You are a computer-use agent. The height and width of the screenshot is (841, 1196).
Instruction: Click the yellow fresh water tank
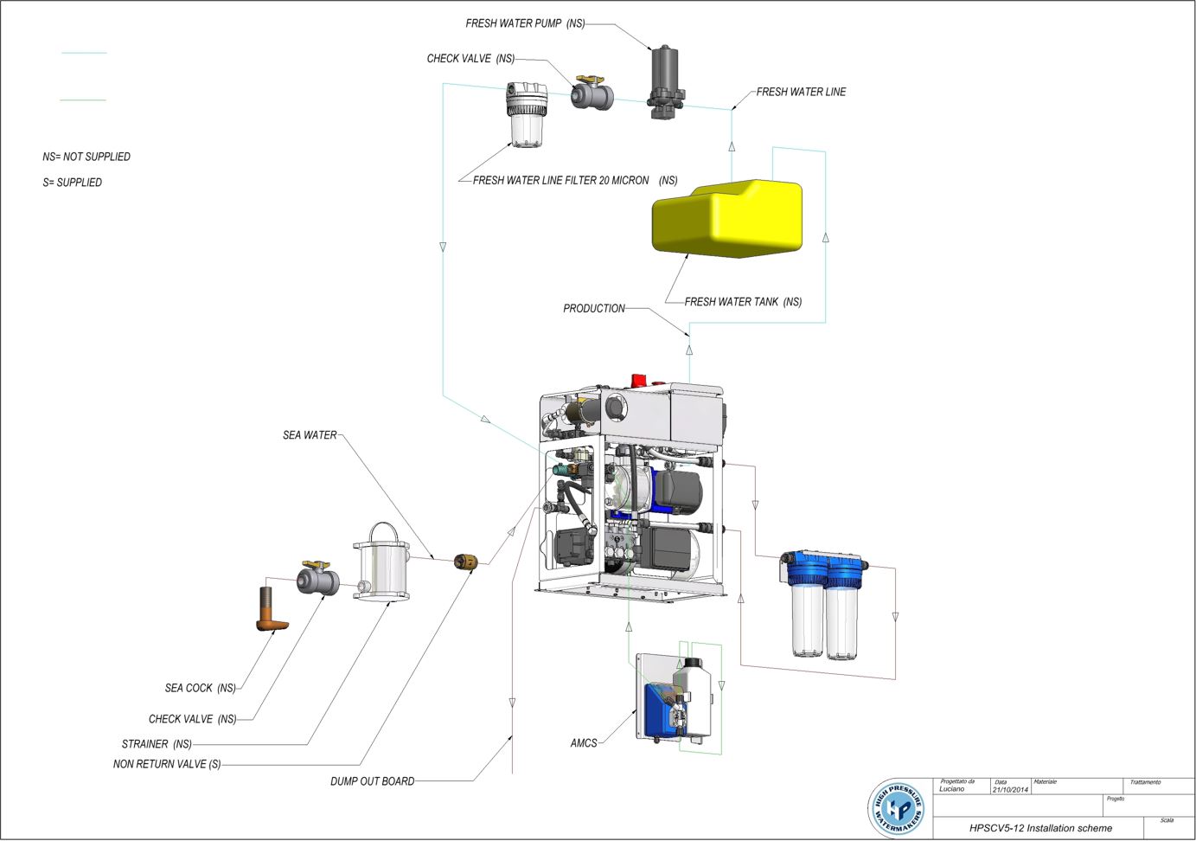[x=726, y=219]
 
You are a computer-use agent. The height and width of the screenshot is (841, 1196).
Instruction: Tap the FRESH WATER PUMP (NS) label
[x=525, y=23]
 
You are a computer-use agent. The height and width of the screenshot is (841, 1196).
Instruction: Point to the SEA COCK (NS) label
[x=200, y=688]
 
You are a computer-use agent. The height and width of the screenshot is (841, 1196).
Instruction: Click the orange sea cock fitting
[x=270, y=610]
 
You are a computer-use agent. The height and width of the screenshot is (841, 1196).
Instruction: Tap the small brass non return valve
[x=465, y=562]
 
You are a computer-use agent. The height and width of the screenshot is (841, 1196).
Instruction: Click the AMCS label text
[x=584, y=743]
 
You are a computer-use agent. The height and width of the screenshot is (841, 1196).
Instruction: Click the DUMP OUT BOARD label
[x=372, y=781]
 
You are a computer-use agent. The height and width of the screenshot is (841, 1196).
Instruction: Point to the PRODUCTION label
[x=593, y=308]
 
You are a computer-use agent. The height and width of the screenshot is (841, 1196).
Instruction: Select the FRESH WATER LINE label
[x=801, y=92]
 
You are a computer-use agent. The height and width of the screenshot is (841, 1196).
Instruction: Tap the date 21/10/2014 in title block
[x=1010, y=789]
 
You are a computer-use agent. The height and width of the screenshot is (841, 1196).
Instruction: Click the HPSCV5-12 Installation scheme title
[x=1040, y=828]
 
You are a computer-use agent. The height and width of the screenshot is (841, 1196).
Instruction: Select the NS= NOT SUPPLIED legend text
[x=86, y=157]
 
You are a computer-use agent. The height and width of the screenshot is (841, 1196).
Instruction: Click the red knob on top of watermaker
[x=639, y=381]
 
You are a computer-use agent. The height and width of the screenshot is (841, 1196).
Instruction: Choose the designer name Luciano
[x=952, y=789]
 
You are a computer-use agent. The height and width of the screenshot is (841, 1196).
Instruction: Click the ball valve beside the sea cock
[x=317, y=578]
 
